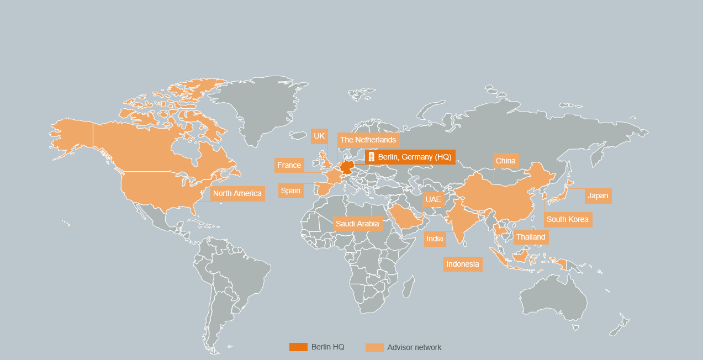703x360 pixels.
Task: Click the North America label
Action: (x=237, y=193)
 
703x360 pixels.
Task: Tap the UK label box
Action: (x=319, y=136)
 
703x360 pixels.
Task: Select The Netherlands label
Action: (x=368, y=140)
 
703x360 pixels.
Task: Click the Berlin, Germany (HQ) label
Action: (x=414, y=157)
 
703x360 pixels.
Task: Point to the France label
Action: (x=289, y=165)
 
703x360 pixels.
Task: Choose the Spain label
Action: (x=290, y=190)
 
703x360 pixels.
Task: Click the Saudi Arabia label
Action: (x=357, y=224)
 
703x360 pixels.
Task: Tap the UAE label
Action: (x=434, y=199)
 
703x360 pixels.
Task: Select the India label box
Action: (x=435, y=239)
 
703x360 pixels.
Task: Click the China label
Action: (x=505, y=161)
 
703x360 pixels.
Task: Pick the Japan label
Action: (x=598, y=195)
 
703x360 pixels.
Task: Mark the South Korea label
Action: (x=568, y=219)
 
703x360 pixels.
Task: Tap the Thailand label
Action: (x=530, y=237)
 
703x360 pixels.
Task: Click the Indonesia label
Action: (x=463, y=264)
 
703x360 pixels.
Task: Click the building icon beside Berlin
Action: (x=371, y=157)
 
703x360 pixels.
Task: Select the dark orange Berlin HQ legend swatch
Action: (x=298, y=347)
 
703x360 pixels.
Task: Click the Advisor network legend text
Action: (x=414, y=347)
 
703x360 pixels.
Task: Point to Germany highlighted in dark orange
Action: (x=347, y=167)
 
